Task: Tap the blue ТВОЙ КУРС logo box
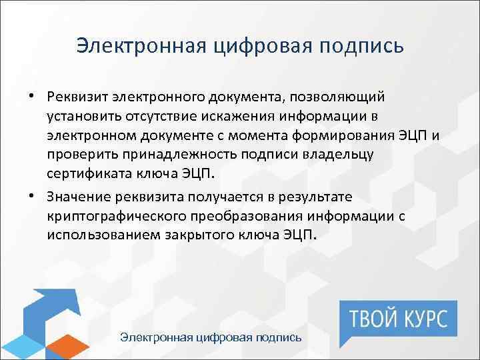pyautogui.click(x=398, y=316)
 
